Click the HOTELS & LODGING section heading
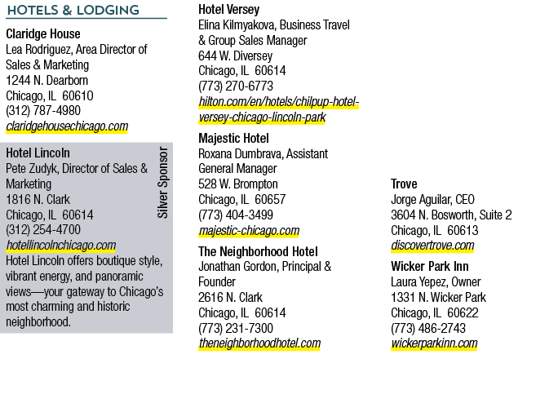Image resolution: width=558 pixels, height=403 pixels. click(73, 10)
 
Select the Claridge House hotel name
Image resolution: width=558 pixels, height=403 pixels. click(43, 33)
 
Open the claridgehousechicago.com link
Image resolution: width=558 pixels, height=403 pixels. click(67, 126)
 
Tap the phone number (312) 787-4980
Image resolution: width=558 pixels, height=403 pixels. click(43, 111)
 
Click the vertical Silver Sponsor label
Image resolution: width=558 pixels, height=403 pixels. click(162, 182)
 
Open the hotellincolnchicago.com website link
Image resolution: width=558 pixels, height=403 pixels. click(61, 246)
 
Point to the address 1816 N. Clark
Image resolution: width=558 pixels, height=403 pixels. click(38, 199)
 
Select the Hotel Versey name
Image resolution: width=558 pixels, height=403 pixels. click(228, 9)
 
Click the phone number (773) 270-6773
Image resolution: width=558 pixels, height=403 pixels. click(236, 86)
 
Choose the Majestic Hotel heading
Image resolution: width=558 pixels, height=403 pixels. click(233, 138)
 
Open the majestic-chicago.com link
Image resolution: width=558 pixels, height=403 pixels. click(249, 231)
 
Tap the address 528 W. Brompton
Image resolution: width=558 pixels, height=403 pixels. click(238, 184)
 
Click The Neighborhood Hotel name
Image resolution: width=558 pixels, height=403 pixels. click(258, 252)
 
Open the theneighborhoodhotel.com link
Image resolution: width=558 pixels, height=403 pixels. click(259, 343)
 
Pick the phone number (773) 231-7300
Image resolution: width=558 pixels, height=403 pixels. click(236, 328)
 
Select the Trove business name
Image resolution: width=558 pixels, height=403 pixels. click(404, 184)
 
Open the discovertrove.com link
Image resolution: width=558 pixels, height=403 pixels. click(432, 246)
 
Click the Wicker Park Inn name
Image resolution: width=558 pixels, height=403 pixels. click(430, 266)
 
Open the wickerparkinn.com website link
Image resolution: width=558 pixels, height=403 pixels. click(434, 343)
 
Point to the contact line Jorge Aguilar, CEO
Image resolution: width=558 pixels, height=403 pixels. click(432, 199)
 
